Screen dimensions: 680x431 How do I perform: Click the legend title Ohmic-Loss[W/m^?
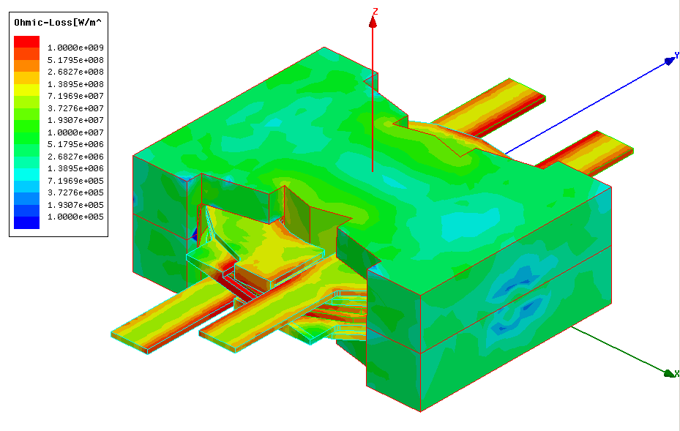pyautogui.click(x=58, y=23)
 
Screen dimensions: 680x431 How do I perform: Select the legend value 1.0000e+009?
pyautogui.click(x=75, y=48)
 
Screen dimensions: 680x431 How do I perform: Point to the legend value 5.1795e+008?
pyautogui.click(x=75, y=60)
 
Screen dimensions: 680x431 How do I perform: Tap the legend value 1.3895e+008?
pyautogui.click(x=75, y=84)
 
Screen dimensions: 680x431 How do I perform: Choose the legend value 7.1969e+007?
pyautogui.click(x=75, y=96)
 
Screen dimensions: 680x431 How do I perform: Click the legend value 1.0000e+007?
pyautogui.click(x=75, y=132)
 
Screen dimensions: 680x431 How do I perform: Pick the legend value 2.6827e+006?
pyautogui.click(x=75, y=157)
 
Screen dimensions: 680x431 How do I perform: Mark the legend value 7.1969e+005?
pyautogui.click(x=75, y=181)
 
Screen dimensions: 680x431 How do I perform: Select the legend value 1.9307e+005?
pyautogui.click(x=75, y=205)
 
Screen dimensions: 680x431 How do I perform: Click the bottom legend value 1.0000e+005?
pyautogui.click(x=75, y=217)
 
